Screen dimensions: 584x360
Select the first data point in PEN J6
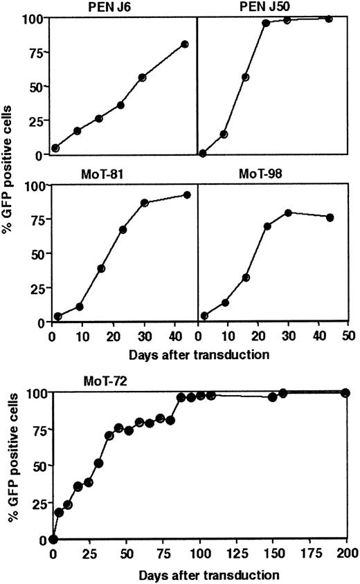pos(55,148)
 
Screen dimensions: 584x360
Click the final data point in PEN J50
pos(329,19)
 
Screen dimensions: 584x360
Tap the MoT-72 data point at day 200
pos(345,393)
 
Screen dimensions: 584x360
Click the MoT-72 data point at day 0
pos(53,540)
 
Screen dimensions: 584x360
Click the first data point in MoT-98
pos(204,316)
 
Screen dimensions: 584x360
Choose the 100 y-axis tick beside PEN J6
pos(37,17)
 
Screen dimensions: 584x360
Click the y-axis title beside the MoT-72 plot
pos(10,466)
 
